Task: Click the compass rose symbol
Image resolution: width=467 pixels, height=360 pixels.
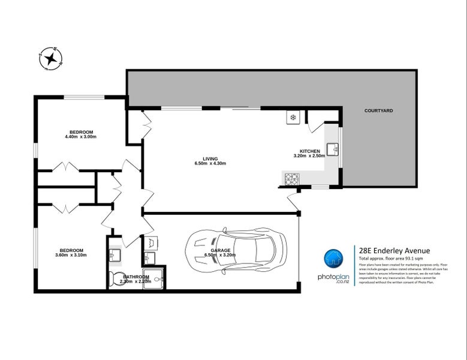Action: pyautogui.click(x=52, y=58)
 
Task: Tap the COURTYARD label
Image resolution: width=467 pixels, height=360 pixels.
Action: pyautogui.click(x=378, y=111)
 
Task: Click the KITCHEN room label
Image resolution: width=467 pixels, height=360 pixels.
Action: pyautogui.click(x=309, y=151)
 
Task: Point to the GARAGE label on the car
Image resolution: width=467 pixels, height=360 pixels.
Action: pyautogui.click(x=220, y=250)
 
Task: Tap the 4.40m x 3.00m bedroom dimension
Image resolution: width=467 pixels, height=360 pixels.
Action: pyautogui.click(x=81, y=137)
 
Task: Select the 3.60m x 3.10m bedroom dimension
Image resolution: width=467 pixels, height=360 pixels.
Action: pyautogui.click(x=71, y=255)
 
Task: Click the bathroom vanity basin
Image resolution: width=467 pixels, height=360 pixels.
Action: pyautogui.click(x=115, y=255)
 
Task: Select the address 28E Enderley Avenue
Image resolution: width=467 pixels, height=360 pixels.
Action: pyautogui.click(x=393, y=251)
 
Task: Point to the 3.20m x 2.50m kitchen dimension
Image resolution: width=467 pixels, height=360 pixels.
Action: pyautogui.click(x=309, y=156)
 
